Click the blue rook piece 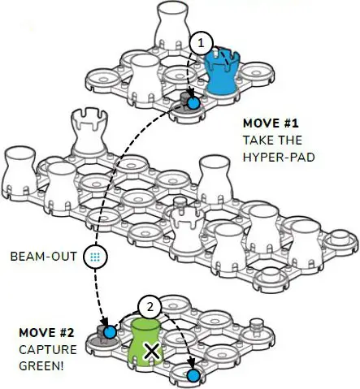tap(222, 71)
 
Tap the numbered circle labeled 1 tap(201, 43)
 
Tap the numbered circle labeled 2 tap(150, 307)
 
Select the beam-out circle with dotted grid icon tap(95, 257)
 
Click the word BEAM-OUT tap(44, 257)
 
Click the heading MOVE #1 tap(271, 123)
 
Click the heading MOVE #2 tap(46, 333)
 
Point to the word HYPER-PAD tap(279, 157)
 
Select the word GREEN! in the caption tap(41, 366)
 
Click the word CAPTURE tap(48, 349)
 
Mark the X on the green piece tap(152, 352)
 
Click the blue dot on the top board tap(193, 103)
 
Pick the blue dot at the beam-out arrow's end tap(110, 332)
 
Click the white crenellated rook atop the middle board tap(89, 132)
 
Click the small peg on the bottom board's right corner tap(255, 326)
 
